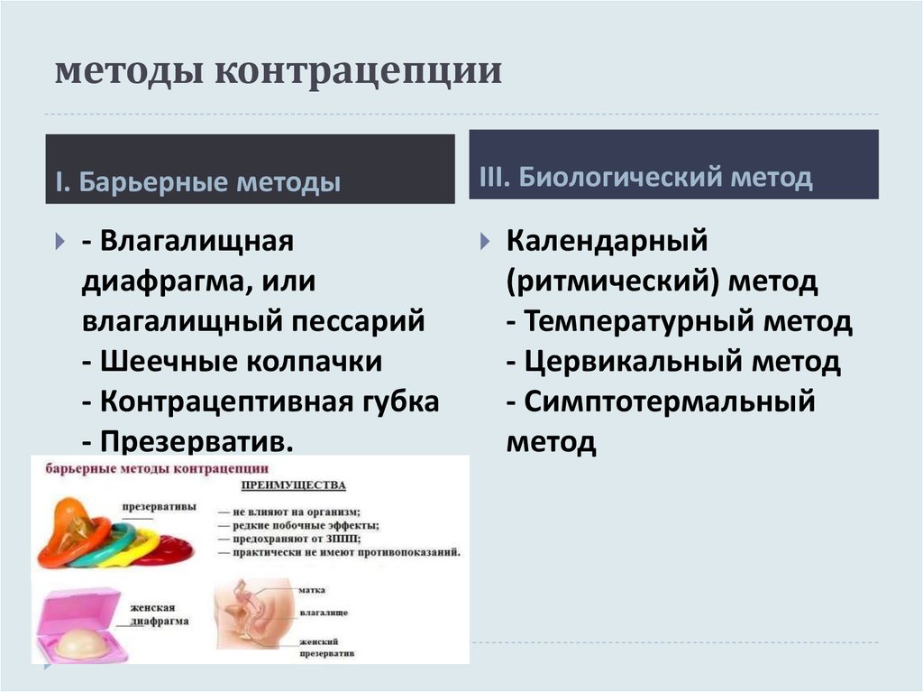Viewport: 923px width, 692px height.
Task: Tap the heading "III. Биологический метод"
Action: (640, 178)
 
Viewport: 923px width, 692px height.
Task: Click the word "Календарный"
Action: (606, 241)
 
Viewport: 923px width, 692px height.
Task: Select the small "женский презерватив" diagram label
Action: (326, 644)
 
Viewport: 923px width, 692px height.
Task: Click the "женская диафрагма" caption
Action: (157, 614)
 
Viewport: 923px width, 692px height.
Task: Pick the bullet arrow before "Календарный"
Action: (484, 242)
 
